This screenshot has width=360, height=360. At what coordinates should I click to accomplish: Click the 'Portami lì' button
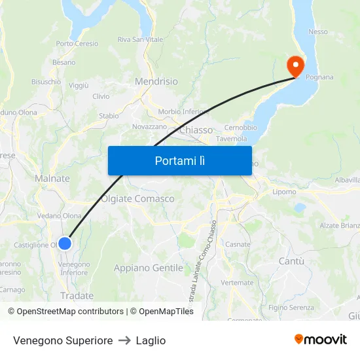click(179, 160)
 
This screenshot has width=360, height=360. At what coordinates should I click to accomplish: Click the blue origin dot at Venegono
click(64, 243)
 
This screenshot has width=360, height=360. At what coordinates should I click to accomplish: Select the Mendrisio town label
click(156, 82)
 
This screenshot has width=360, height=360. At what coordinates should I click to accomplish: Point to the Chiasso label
click(196, 130)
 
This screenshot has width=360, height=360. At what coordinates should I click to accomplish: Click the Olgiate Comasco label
click(137, 198)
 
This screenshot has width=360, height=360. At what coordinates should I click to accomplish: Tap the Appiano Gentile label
click(148, 268)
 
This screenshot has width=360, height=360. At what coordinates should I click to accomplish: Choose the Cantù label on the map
click(292, 261)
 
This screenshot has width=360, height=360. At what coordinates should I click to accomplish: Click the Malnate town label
click(52, 178)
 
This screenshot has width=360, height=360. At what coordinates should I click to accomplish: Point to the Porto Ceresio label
click(77, 44)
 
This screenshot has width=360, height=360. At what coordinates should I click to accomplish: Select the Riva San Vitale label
click(140, 39)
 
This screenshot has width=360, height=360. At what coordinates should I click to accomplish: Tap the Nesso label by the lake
click(318, 31)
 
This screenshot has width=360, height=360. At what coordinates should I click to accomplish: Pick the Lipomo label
click(284, 192)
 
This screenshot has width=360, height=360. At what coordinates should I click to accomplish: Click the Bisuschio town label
click(46, 82)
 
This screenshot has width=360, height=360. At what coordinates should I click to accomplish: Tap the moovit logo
click(320, 340)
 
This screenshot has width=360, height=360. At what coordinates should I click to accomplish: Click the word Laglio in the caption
click(151, 340)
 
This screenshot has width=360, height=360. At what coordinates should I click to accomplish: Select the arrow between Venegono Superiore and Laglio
click(124, 340)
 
